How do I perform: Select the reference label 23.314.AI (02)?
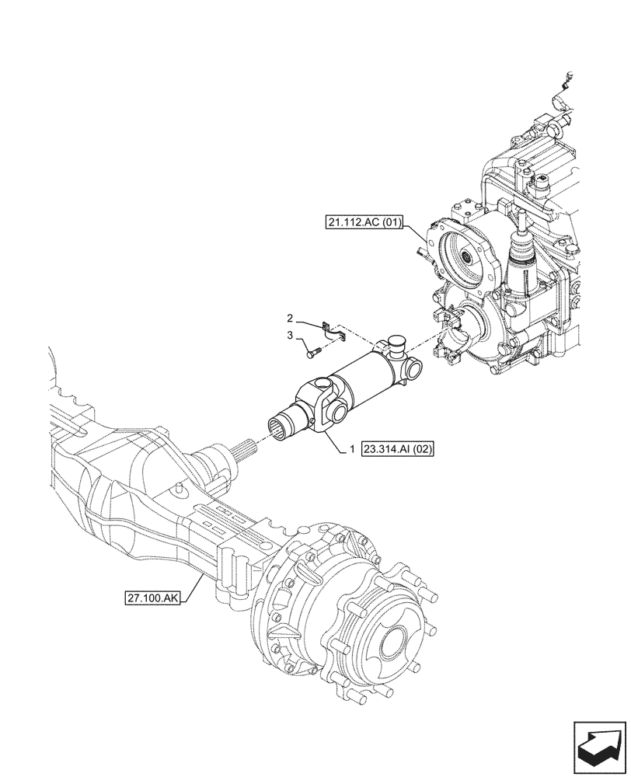tap(401, 449)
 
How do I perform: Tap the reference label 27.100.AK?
tap(152, 598)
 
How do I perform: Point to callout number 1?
tap(353, 449)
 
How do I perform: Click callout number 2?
tap(290, 319)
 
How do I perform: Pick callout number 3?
tap(290, 336)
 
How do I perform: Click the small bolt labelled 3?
tap(312, 354)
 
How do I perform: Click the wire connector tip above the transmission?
tap(570, 78)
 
